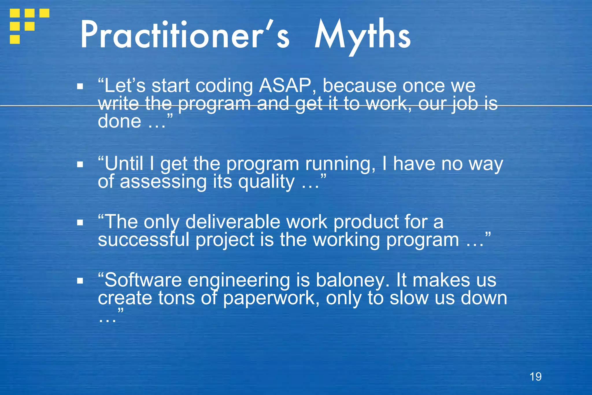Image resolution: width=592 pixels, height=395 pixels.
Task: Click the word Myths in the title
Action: coord(362,36)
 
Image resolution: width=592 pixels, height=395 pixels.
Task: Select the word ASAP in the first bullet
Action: coord(285,86)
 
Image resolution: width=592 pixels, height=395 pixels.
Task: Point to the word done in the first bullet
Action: coord(119,121)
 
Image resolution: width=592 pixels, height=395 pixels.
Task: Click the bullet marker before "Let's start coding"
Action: coord(80,86)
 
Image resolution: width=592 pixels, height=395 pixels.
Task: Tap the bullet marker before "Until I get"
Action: coord(80,164)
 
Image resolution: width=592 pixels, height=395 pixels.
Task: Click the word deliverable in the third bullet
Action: coord(233,222)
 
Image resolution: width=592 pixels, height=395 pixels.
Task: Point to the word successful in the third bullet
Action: coord(143,240)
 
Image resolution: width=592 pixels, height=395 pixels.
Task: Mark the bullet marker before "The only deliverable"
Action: coord(80,222)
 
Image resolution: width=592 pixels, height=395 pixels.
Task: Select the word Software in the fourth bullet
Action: coord(143,280)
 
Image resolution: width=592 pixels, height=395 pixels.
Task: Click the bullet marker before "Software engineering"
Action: coord(80,280)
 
